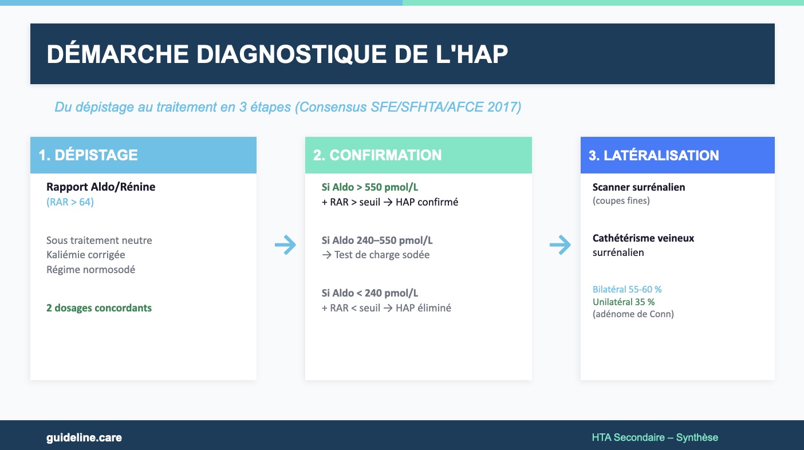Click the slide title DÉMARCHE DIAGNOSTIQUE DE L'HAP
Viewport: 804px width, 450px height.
click(x=277, y=54)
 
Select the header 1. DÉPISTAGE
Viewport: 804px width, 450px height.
click(x=88, y=155)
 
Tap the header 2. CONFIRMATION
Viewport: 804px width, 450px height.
click(x=377, y=155)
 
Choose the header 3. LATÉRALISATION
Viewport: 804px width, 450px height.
click(x=653, y=155)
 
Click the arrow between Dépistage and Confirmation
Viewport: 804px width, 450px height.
click(x=285, y=244)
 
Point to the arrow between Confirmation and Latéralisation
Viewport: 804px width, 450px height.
click(x=560, y=244)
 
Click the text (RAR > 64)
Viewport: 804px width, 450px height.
click(x=70, y=202)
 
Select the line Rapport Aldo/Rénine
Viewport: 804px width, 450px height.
click(x=101, y=187)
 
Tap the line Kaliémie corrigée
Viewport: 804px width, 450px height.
click(x=86, y=254)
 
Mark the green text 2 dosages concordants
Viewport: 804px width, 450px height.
click(x=99, y=308)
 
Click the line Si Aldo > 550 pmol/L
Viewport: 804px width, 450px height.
click(x=370, y=187)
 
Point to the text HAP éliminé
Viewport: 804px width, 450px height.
click(x=423, y=308)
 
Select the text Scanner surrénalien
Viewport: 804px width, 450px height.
click(x=639, y=187)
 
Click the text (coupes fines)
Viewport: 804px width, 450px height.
click(x=621, y=200)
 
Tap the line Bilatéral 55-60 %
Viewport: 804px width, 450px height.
click(x=627, y=289)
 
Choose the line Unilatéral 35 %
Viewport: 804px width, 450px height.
click(x=624, y=302)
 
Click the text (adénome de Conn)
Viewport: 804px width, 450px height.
click(x=633, y=314)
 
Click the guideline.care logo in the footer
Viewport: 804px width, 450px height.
click(x=84, y=437)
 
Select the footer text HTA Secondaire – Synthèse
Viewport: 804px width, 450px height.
click(x=655, y=437)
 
